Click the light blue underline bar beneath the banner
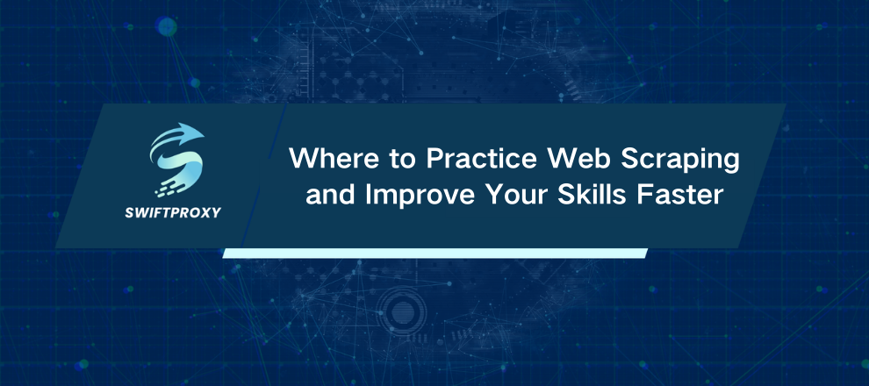coord(434,253)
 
